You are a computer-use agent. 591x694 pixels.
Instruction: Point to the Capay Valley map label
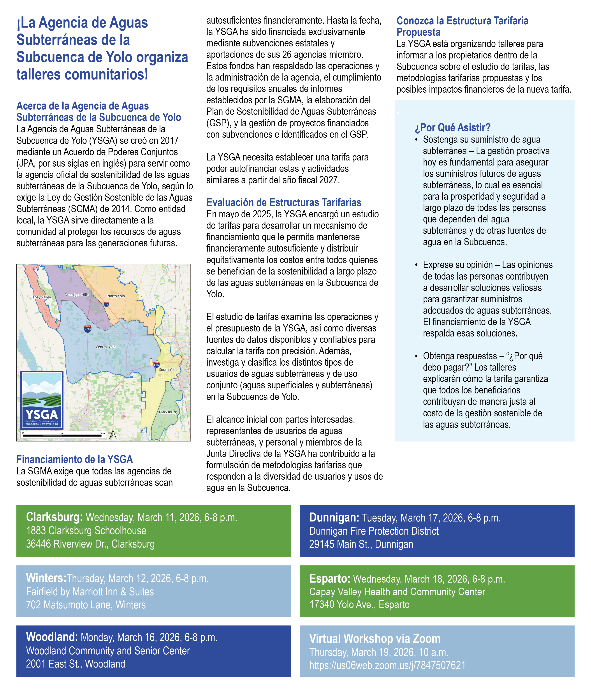tap(40, 297)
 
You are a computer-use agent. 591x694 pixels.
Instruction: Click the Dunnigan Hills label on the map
tap(77, 295)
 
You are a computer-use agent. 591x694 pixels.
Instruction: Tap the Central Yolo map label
tap(106, 347)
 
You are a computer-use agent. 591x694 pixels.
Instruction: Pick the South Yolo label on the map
tap(168, 370)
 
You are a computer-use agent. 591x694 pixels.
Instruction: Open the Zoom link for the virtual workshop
tap(387, 665)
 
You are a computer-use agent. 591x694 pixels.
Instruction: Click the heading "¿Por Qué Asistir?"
tap(452, 128)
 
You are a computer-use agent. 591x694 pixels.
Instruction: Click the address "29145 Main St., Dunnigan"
tap(361, 544)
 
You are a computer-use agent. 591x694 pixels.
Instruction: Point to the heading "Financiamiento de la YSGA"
tap(75, 459)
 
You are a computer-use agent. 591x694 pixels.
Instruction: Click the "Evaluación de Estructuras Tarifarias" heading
tap(284, 202)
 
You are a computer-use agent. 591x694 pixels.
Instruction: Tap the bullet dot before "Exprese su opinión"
tap(416, 265)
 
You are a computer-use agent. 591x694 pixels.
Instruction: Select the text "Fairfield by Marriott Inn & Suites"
tap(90, 592)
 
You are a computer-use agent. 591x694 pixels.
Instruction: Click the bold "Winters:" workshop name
tap(46, 578)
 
